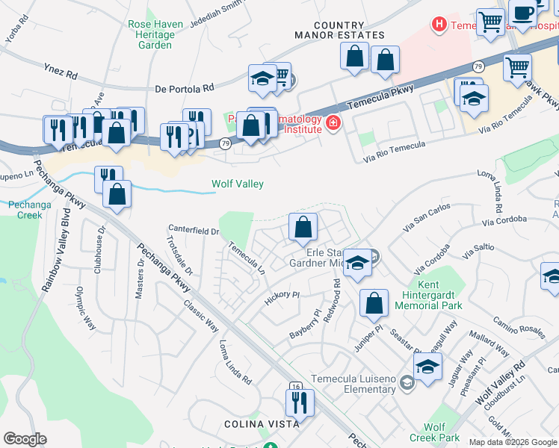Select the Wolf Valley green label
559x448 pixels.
237,184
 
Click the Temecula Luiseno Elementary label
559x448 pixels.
353,383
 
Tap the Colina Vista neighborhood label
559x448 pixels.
262,423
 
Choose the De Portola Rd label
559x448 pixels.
183,90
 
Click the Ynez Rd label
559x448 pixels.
61,75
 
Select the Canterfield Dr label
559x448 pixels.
194,231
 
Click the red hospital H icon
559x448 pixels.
439,25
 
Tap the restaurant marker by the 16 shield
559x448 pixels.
300,402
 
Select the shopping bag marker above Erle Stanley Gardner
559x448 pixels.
303,227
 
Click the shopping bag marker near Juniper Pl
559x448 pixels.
374,303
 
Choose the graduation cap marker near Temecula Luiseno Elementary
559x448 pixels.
427,367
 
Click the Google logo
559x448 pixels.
25,439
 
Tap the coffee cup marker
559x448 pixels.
525,12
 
